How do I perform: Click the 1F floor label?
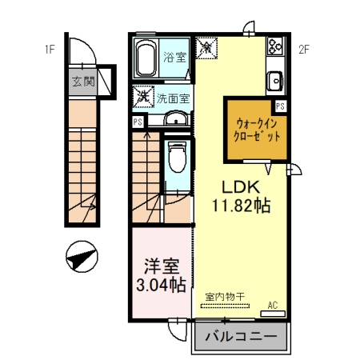pos(50,50)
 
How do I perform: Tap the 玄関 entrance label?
pos(82,82)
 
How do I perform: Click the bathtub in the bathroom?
pos(147,57)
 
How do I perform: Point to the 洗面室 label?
pos(173,98)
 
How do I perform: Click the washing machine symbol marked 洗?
pos(143,96)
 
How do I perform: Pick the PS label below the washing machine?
pos(138,122)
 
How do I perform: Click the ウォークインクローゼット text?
pos(257,130)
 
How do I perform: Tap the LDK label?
pos(238,187)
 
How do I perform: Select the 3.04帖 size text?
pos(161,284)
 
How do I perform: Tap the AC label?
pos(272,305)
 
